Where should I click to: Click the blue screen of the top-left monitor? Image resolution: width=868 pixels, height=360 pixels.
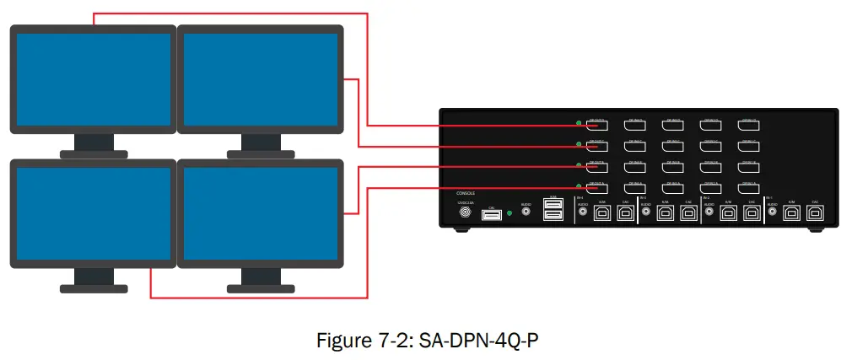pyautogui.click(x=91, y=78)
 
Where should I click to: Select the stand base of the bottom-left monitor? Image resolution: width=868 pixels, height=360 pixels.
pyautogui.click(x=94, y=287)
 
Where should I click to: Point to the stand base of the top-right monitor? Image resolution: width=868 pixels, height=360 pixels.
pyautogui.click(x=261, y=153)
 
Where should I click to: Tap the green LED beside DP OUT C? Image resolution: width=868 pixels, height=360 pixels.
pyautogui.click(x=578, y=144)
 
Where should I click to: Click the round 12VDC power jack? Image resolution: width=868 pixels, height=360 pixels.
pyautogui.click(x=464, y=214)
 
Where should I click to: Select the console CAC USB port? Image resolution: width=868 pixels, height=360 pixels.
pyautogui.click(x=492, y=215)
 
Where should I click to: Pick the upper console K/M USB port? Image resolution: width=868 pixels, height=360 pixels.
pyautogui.click(x=553, y=207)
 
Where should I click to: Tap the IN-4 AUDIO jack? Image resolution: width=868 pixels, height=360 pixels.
pyautogui.click(x=582, y=213)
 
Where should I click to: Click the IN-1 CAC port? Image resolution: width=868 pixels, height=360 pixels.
pyautogui.click(x=814, y=214)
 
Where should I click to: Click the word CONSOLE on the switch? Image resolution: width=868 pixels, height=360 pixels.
pyautogui.click(x=466, y=193)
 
